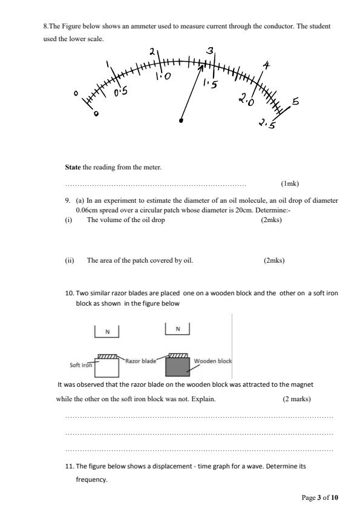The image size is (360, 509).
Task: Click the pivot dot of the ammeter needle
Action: (181, 120)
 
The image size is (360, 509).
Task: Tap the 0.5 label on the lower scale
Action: (121, 92)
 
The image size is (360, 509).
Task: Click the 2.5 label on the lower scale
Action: (267, 124)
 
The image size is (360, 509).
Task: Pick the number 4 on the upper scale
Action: (266, 65)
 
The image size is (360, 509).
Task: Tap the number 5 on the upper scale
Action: (295, 102)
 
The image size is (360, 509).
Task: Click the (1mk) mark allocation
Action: (290, 183)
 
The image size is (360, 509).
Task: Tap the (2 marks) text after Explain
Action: (296, 399)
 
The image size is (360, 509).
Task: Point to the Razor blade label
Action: (140, 360)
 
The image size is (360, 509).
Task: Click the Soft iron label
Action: (80, 366)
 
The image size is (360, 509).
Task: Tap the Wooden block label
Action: (212, 361)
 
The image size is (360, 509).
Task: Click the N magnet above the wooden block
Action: (177, 329)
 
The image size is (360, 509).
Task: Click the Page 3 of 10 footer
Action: (320, 498)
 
